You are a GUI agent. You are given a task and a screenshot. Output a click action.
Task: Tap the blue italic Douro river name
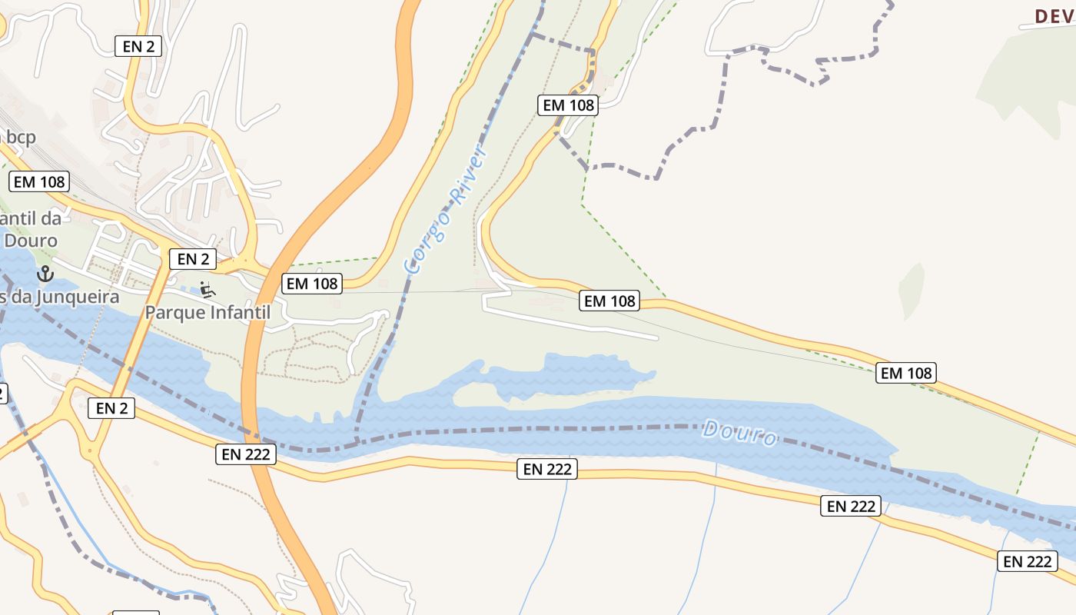[739, 433]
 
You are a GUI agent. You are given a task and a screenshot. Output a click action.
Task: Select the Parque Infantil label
[208, 313]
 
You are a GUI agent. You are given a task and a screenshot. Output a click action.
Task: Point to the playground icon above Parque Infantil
[206, 290]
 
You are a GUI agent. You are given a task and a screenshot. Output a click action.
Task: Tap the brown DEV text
[1054, 16]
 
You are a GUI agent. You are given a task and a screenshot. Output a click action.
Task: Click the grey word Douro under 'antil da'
[31, 241]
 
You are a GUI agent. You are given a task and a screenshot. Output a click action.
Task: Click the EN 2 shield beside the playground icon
[192, 259]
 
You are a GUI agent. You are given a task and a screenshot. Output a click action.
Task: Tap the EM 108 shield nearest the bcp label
[39, 182]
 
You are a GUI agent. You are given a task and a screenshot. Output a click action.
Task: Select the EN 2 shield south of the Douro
[112, 408]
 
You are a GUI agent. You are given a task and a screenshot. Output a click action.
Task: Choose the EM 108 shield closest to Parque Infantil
[311, 284]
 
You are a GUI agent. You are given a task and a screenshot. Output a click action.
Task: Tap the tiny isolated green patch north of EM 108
[912, 290]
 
